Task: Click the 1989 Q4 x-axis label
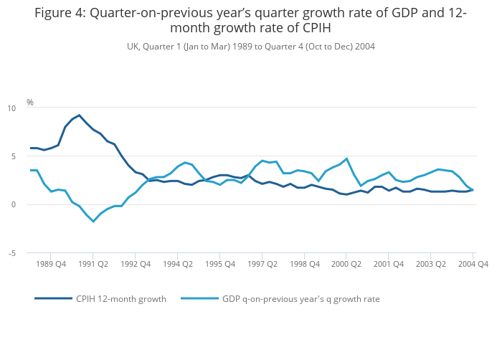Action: [x=51, y=264]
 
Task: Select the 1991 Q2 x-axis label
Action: [x=93, y=264]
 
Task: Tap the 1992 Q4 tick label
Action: [x=136, y=264]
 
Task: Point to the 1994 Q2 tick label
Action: [x=178, y=264]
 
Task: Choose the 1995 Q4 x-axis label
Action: [x=220, y=264]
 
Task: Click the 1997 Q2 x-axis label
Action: [x=262, y=264]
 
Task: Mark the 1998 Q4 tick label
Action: [x=304, y=264]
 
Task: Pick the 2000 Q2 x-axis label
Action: [x=346, y=264]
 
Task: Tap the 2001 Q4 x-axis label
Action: [x=389, y=264]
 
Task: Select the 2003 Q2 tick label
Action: [x=430, y=264]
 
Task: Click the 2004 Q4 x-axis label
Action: [x=473, y=264]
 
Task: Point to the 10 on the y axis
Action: [x=11, y=108]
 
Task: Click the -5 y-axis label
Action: [x=11, y=253]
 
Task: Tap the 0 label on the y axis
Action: [x=13, y=204]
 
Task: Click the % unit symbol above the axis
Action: [x=30, y=103]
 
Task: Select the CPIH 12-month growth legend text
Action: [x=121, y=299]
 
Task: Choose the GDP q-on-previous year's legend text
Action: [x=301, y=299]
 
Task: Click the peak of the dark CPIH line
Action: [x=79, y=115]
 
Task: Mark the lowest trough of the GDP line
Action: [x=93, y=222]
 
